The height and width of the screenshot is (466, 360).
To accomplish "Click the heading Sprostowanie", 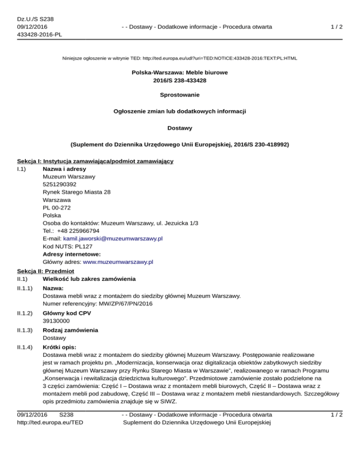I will click(180, 95).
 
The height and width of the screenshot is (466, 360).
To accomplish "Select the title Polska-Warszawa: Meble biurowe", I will click(180, 73).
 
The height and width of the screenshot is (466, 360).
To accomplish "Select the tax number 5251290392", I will click(60, 184).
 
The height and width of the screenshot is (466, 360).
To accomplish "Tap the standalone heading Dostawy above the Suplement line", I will click(180, 127).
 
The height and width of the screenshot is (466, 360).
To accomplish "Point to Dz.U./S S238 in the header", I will click(35, 19).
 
